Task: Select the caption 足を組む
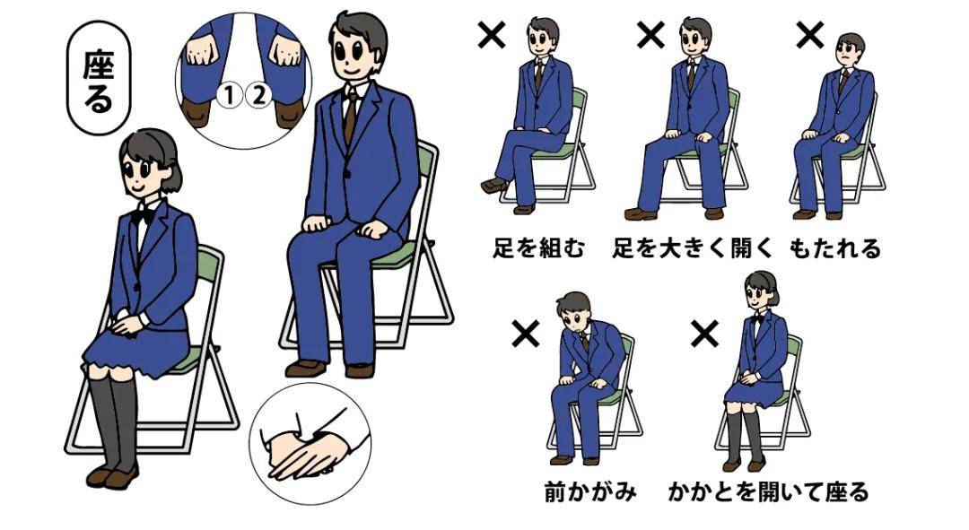pos(538,248)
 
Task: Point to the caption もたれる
pos(835,248)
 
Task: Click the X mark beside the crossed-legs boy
pos(491,36)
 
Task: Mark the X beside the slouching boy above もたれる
pos(810,36)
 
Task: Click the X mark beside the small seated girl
pos(705,335)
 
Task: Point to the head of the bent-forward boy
pos(573,314)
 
